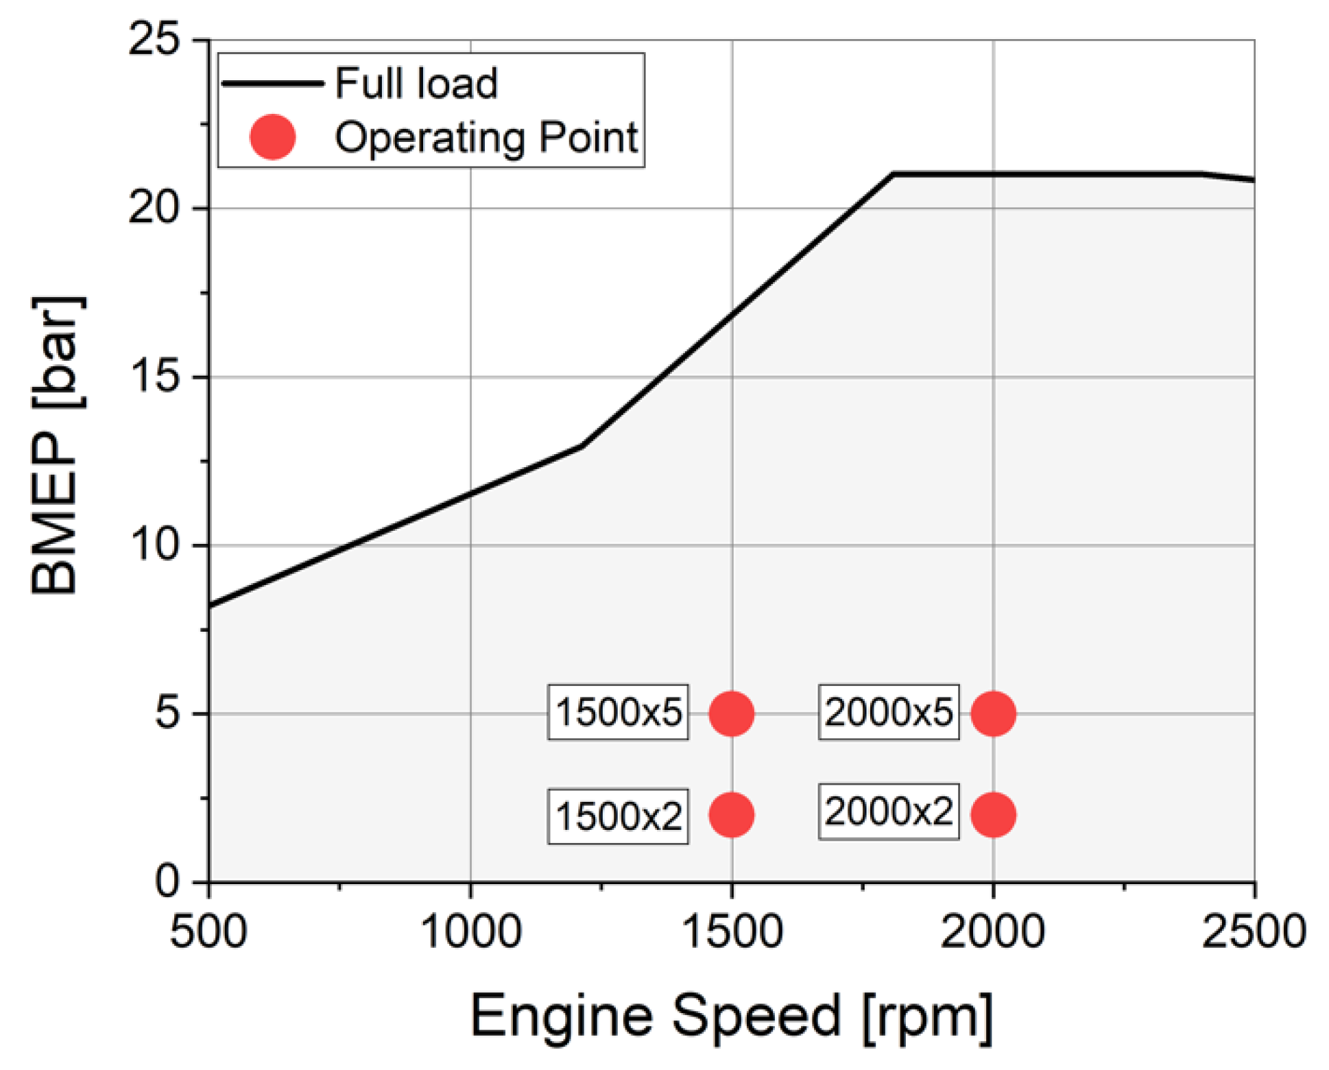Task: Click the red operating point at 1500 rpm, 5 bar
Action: [x=731, y=713]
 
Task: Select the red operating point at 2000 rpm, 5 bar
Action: [x=992, y=713]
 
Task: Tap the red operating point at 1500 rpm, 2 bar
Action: [x=731, y=815]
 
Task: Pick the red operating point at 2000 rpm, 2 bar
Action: [x=992, y=815]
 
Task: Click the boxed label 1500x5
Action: [x=618, y=712]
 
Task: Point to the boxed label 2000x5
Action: [x=888, y=712]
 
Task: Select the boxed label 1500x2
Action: [x=618, y=816]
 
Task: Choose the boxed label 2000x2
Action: [x=888, y=811]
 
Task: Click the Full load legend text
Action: [x=416, y=84]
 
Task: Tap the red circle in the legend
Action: [x=272, y=137]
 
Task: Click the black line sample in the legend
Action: [x=272, y=84]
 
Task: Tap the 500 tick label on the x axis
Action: [x=208, y=931]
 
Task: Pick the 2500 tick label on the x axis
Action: [x=1253, y=931]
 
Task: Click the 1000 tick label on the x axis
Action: [x=470, y=931]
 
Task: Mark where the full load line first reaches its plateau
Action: [x=893, y=174]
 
